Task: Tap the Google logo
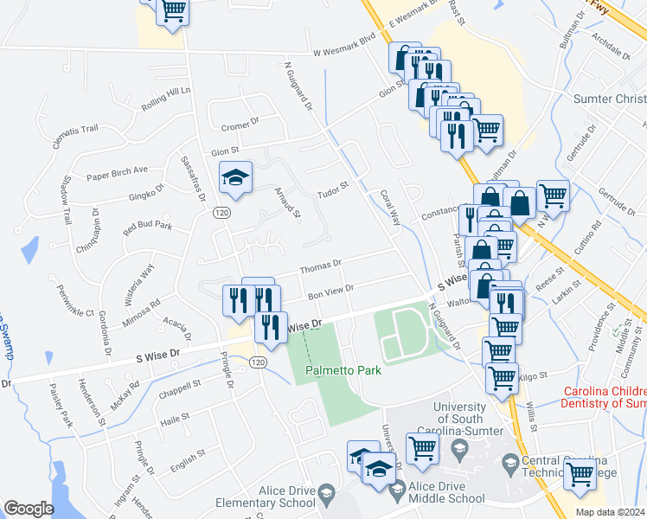tap(29, 508)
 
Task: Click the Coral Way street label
tap(390, 208)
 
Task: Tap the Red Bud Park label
tap(147, 229)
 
